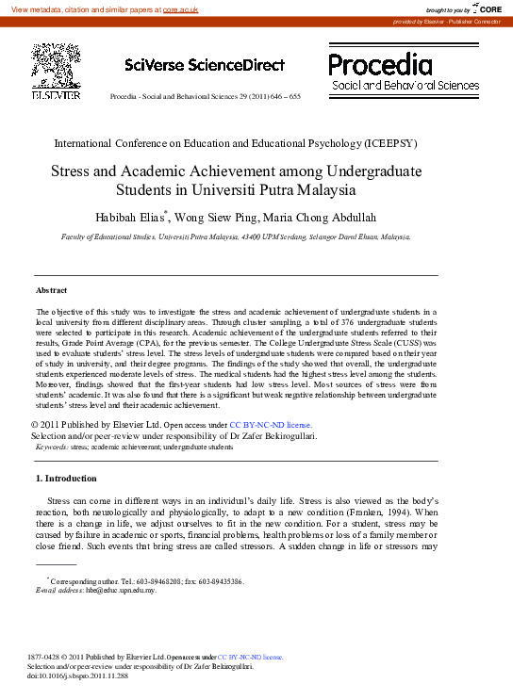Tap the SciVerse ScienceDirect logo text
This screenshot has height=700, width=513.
pos(204,65)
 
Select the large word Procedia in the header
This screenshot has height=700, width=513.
pos(381,64)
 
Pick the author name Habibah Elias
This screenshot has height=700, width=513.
pos(135,218)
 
